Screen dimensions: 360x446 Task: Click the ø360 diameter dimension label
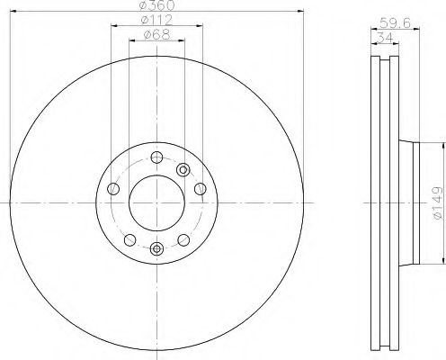click(x=156, y=6)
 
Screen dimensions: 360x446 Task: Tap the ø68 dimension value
click(x=156, y=36)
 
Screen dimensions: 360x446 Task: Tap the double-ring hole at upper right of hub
click(x=184, y=168)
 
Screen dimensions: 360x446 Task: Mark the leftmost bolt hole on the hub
click(x=113, y=189)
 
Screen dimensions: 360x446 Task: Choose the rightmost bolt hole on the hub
click(x=199, y=189)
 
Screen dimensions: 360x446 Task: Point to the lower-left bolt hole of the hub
click(x=129, y=239)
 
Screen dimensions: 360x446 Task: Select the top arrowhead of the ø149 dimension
click(x=442, y=143)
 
